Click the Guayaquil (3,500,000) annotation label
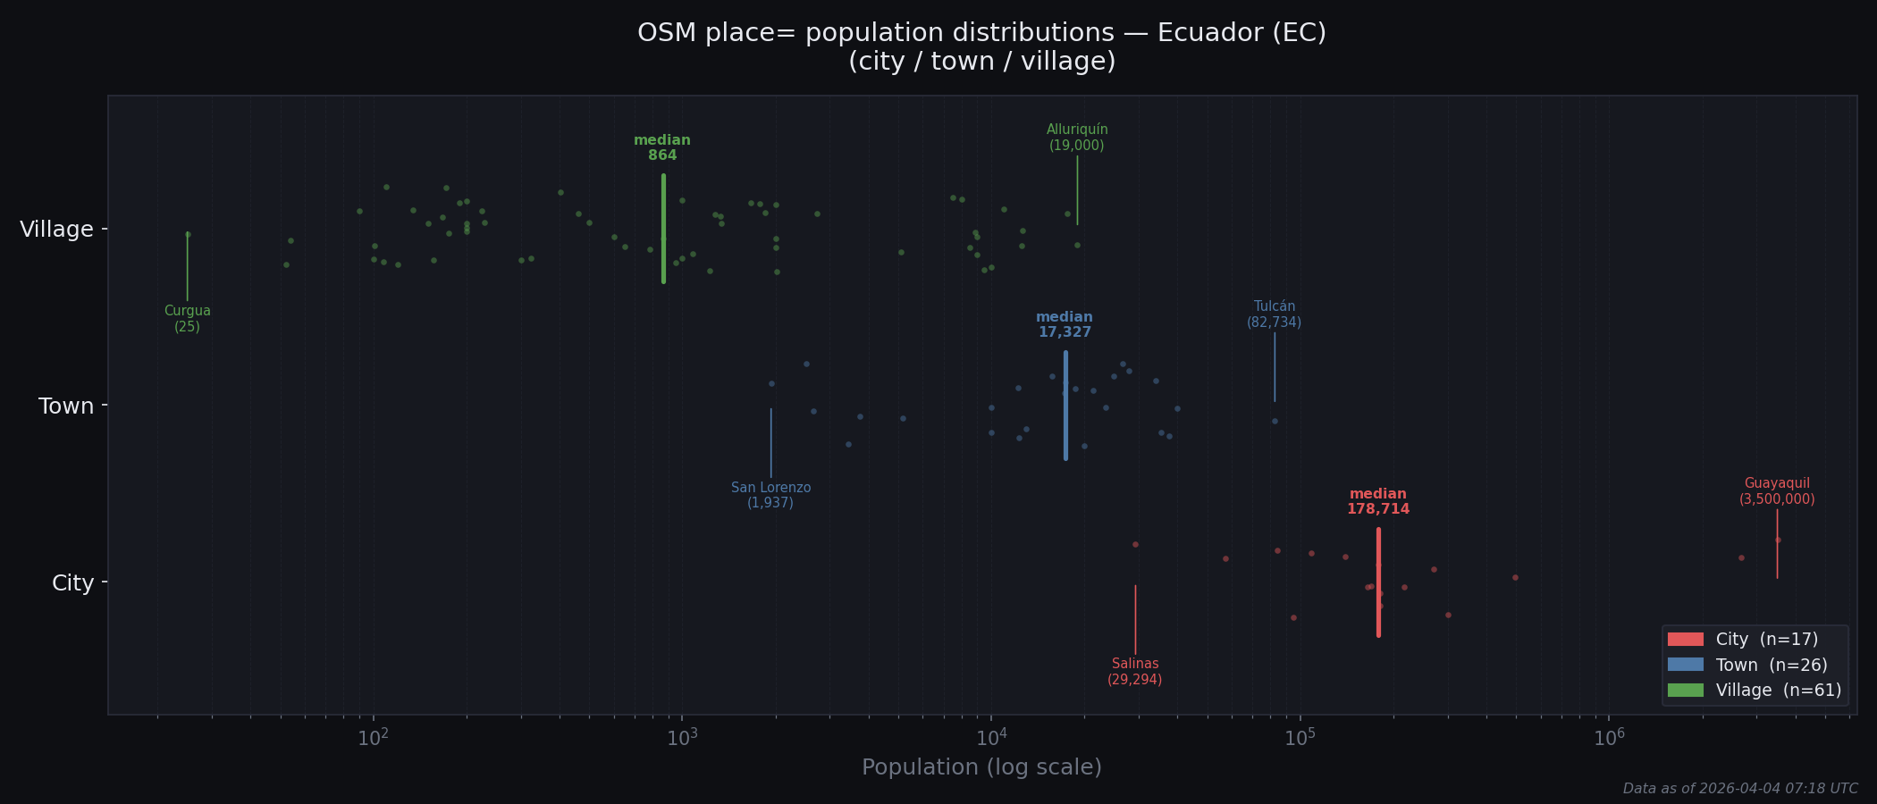point(1776,492)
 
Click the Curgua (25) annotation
point(187,319)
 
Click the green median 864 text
point(662,148)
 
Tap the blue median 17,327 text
point(1065,325)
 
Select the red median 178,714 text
point(1377,502)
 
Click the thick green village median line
point(663,229)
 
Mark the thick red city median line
point(1378,582)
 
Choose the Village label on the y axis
point(56,230)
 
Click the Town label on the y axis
point(66,406)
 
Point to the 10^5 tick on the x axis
point(1300,738)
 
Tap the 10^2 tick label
point(373,738)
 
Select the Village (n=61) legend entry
point(1753,691)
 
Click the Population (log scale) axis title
point(981,767)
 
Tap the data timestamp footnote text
point(1739,789)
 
